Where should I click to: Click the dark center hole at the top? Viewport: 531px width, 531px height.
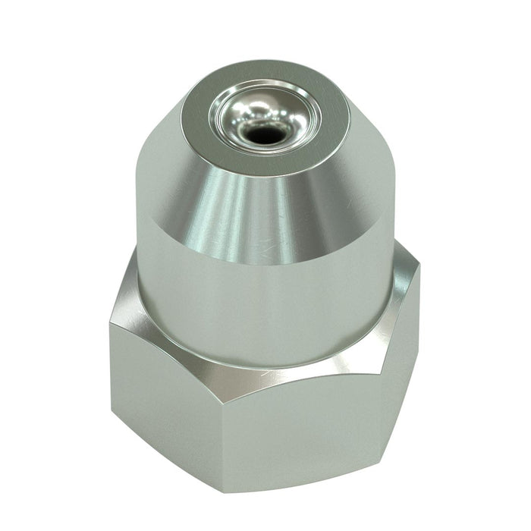coord(262,135)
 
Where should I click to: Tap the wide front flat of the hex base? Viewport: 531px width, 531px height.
coord(288,440)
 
